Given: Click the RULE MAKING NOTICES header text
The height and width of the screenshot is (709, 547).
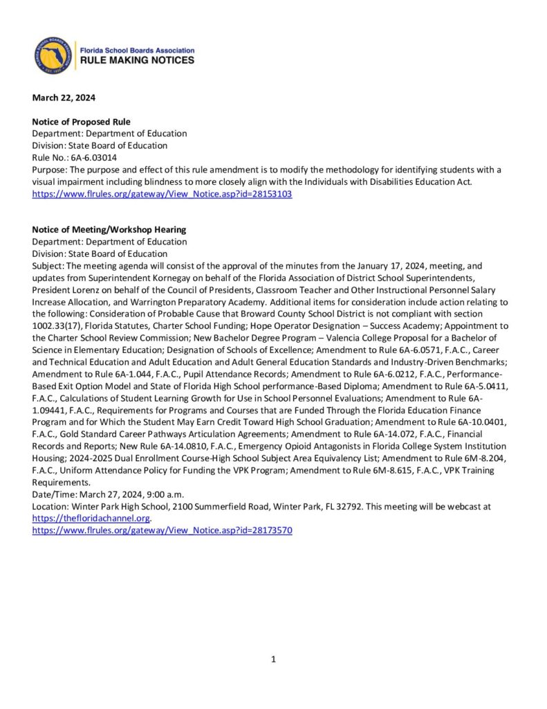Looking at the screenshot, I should (x=138, y=61).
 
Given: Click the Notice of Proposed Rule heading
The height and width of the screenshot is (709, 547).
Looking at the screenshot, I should (x=81, y=122).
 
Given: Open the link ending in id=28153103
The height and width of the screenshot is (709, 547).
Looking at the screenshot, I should (x=162, y=195).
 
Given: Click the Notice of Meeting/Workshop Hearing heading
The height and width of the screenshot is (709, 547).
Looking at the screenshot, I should (x=109, y=229).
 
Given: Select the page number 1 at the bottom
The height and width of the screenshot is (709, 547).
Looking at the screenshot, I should (x=273, y=659).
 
